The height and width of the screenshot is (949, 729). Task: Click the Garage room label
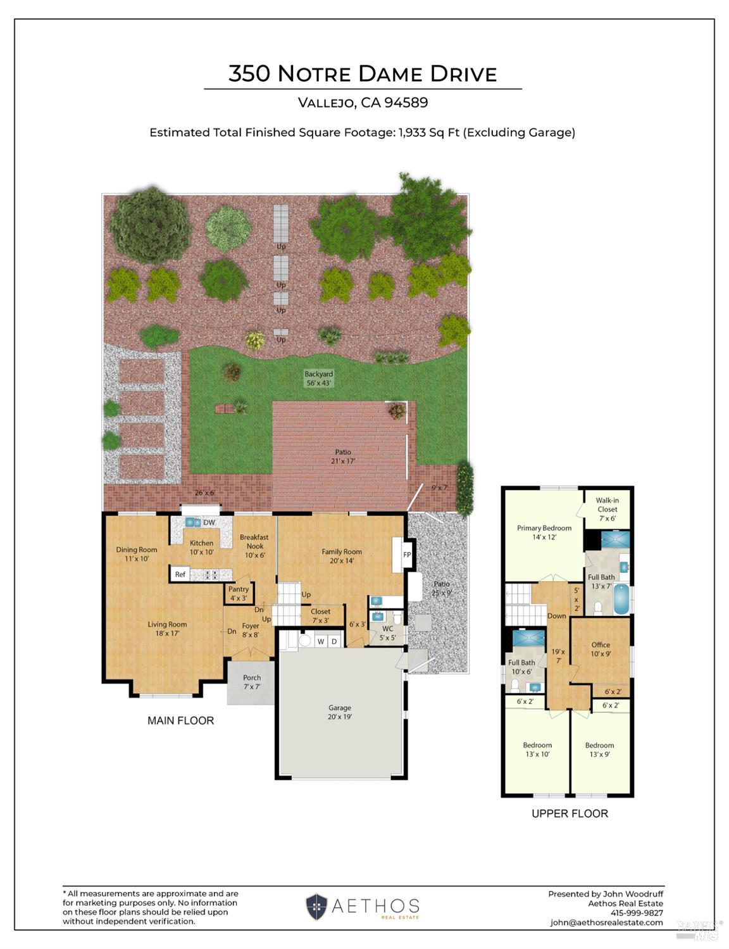[340, 712]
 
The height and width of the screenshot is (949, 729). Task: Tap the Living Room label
[167, 629]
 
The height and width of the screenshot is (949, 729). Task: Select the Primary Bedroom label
[544, 532]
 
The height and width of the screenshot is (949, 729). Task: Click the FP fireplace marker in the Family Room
[407, 555]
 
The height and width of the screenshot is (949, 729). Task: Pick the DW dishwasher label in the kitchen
[209, 522]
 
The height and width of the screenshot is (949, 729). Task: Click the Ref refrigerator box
[180, 574]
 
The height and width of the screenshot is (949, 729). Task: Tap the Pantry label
[239, 593]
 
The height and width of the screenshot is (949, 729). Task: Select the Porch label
[252, 682]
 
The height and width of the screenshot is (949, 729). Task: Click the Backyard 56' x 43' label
[318, 378]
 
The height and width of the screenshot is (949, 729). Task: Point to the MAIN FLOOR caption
[180, 720]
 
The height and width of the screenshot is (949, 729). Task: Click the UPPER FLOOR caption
[570, 814]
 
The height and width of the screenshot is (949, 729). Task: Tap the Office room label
[601, 650]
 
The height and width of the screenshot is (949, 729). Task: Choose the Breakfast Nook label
[255, 546]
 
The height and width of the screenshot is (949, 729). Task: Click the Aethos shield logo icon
[316, 907]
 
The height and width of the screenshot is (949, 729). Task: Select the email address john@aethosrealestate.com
[606, 922]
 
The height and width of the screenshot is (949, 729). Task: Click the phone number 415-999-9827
[637, 913]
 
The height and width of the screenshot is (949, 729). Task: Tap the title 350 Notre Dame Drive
[363, 74]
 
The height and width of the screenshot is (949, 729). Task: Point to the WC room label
[387, 633]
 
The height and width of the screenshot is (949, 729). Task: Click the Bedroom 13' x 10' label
[537, 750]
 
